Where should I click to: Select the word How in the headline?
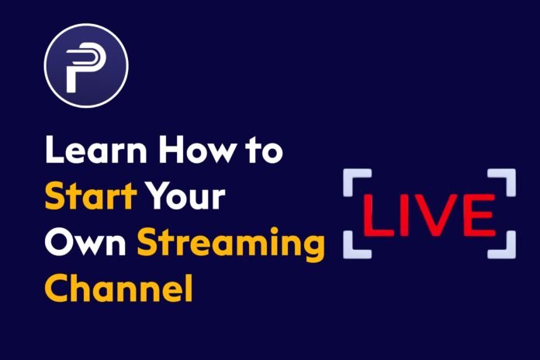(x=193, y=151)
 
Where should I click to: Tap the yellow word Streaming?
(x=230, y=245)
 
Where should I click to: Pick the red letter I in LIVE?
(x=410, y=212)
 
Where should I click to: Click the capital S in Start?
(x=57, y=197)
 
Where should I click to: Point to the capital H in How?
(x=168, y=151)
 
